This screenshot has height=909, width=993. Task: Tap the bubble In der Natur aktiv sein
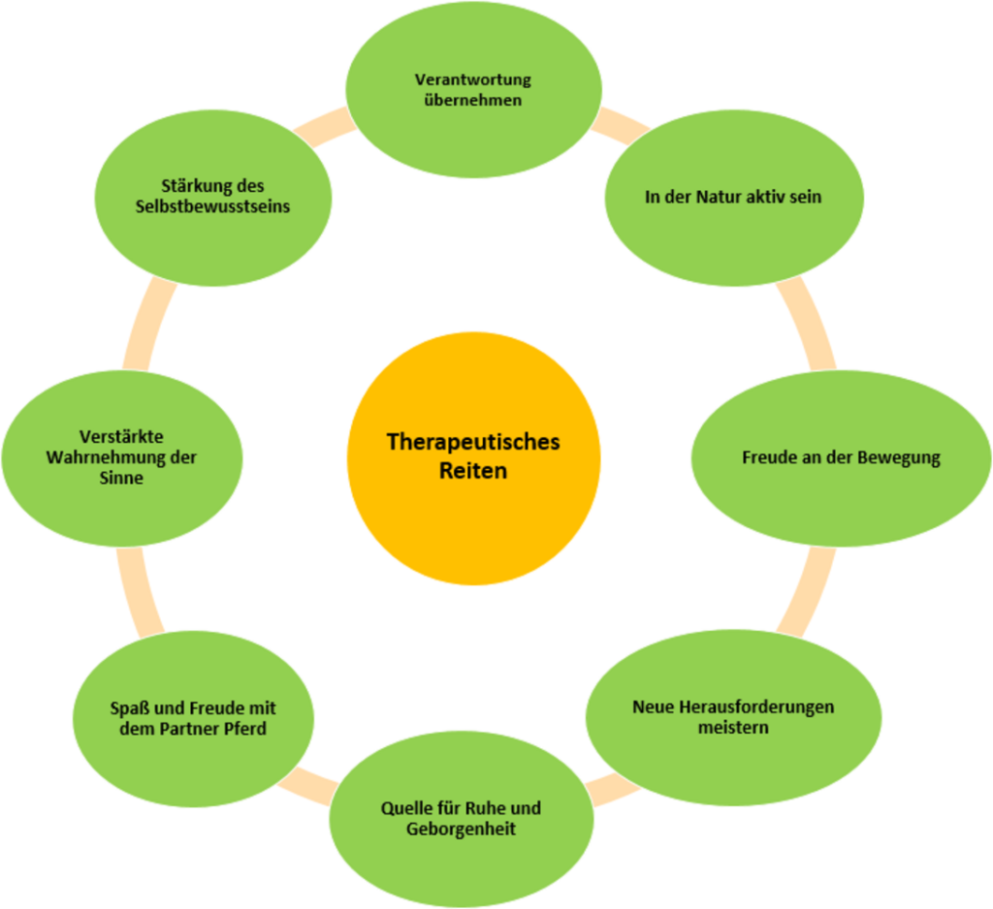(x=732, y=197)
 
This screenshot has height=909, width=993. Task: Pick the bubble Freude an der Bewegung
(x=840, y=457)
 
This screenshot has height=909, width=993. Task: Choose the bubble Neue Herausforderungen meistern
(x=732, y=715)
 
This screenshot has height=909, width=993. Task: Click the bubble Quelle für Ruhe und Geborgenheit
(x=461, y=818)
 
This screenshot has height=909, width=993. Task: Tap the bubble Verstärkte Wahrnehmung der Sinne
(x=121, y=456)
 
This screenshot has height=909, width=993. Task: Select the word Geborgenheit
(x=461, y=830)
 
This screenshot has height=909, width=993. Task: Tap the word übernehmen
(x=473, y=100)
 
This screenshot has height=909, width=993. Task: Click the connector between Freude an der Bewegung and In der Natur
(x=808, y=325)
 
